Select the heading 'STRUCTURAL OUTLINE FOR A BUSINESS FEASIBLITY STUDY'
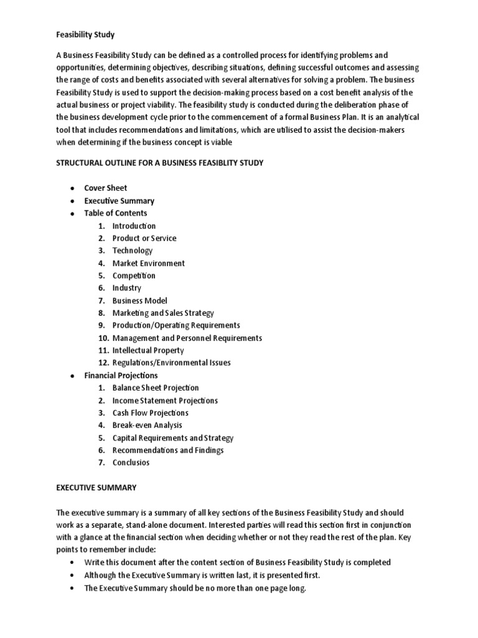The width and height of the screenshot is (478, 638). tap(160, 163)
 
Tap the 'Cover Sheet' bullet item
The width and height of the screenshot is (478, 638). tap(106, 188)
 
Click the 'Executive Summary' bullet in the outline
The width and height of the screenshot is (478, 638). tap(119, 201)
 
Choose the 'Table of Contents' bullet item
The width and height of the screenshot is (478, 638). tap(116, 213)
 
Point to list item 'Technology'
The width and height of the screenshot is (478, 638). tap(132, 250)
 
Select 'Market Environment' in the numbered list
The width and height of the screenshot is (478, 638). tap(148, 263)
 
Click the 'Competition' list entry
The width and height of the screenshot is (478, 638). tap(134, 275)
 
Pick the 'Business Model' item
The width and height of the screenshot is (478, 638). tap(139, 300)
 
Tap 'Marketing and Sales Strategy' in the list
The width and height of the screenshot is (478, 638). tap(163, 313)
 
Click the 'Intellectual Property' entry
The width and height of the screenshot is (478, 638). tap(148, 350)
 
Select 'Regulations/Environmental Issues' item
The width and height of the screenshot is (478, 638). tap(171, 363)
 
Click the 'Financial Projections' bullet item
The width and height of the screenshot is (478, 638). tap(121, 375)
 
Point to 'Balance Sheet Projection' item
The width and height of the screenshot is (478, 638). tap(156, 388)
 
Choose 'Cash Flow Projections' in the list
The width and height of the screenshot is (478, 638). tap(150, 412)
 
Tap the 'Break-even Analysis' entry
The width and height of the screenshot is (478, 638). tap(147, 425)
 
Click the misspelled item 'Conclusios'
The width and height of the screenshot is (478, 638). tap(131, 462)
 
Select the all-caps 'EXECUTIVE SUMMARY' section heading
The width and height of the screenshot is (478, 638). tap(96, 487)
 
